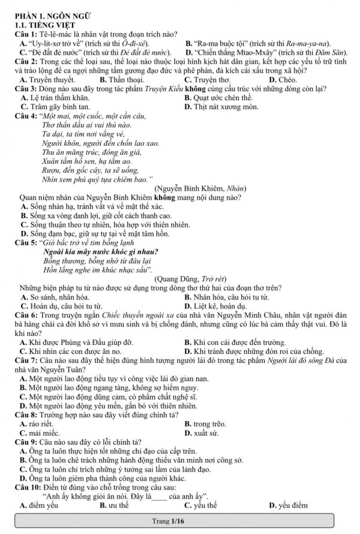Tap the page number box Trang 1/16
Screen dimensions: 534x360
[180, 520]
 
